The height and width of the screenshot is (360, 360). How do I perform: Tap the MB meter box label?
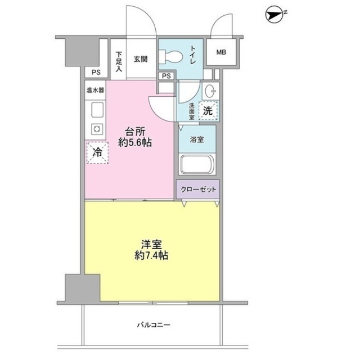click(221, 53)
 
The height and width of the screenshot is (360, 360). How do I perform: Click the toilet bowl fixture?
click(169, 56)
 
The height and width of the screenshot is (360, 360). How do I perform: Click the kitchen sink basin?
click(96, 110)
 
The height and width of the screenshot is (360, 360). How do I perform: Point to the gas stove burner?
click(96, 130)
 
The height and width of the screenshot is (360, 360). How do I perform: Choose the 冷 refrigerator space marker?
click(97, 151)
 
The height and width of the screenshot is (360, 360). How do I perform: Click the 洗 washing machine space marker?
click(208, 111)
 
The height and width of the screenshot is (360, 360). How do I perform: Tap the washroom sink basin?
click(209, 90)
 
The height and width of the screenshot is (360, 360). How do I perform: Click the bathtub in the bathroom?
click(196, 166)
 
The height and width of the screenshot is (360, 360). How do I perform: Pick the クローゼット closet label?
click(199, 190)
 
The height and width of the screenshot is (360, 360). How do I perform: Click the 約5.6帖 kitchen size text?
click(136, 143)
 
